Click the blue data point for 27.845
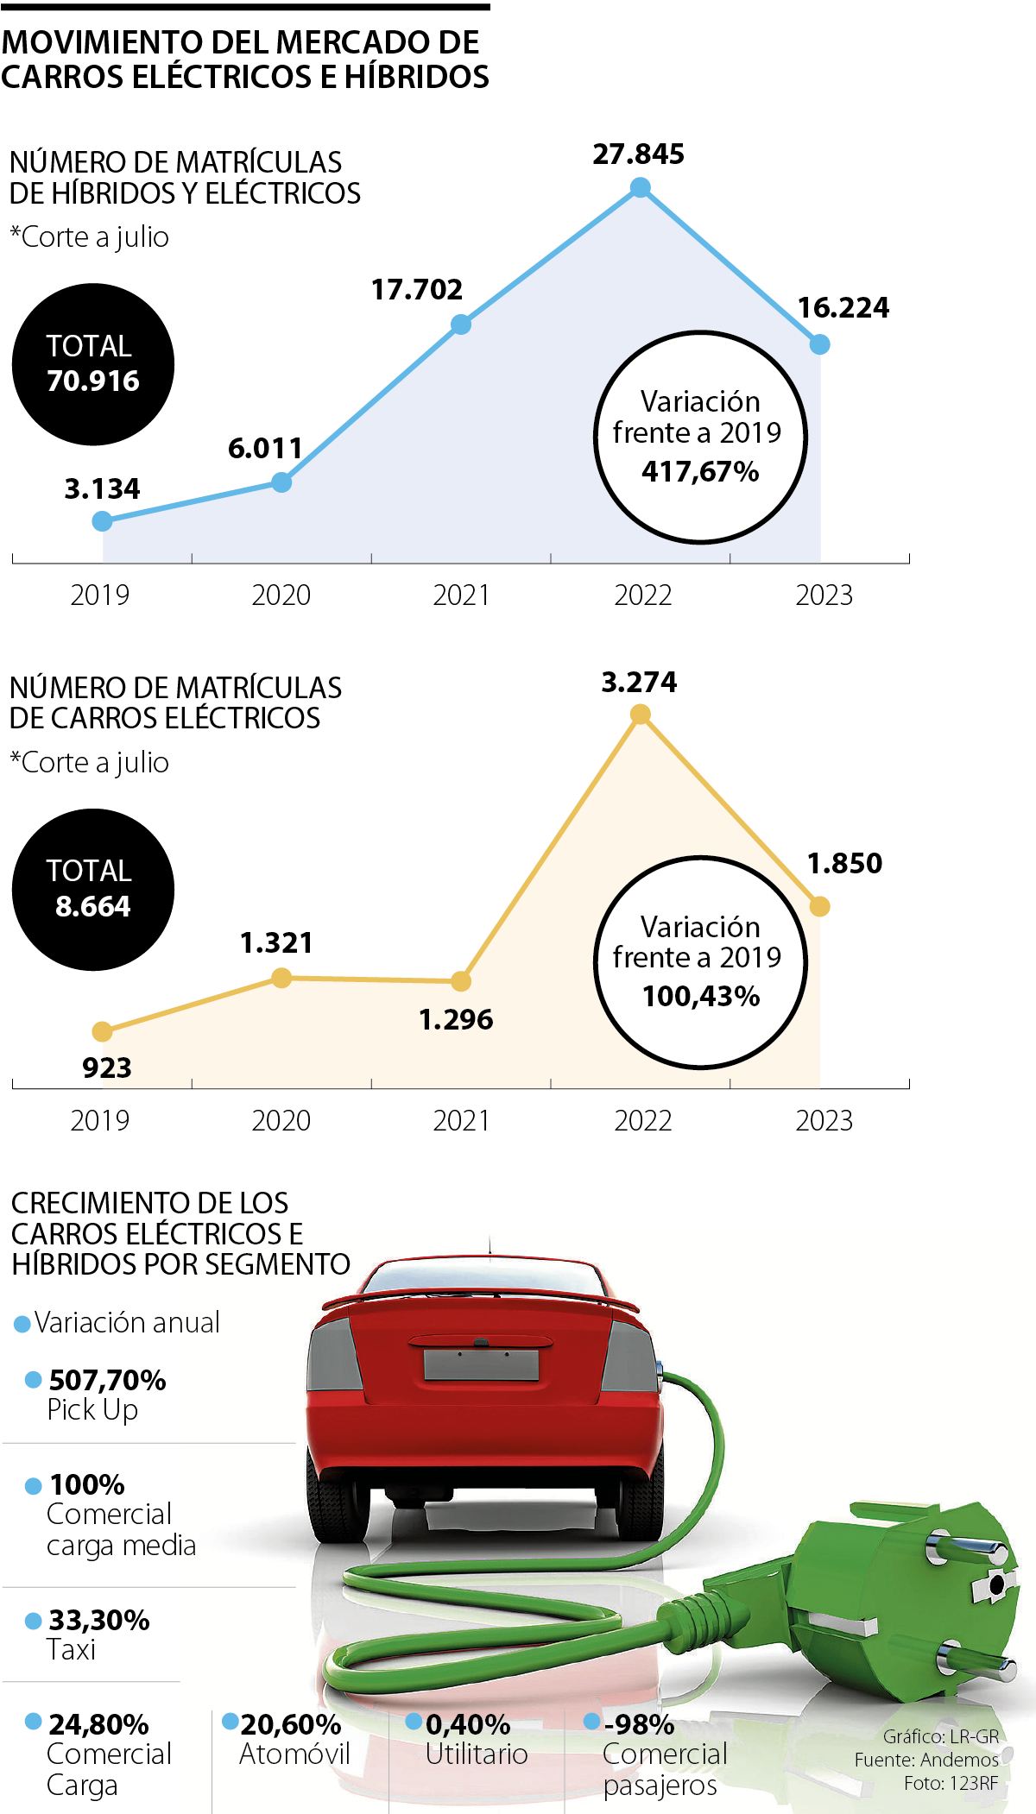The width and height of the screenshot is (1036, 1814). point(640,187)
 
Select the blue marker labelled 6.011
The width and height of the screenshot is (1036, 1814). point(281,482)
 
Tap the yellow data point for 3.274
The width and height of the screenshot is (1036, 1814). point(640,714)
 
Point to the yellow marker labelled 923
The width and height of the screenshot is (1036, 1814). point(102,1031)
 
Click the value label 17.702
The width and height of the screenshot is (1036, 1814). point(417,290)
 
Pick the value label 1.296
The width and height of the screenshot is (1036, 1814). point(456,1020)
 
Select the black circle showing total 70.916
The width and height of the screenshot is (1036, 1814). point(93,364)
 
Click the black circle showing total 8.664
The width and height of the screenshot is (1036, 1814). point(93,890)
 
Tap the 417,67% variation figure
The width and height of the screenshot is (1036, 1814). point(700,471)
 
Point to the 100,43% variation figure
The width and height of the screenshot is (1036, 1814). point(701,997)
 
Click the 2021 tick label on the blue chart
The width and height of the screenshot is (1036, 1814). point(461,595)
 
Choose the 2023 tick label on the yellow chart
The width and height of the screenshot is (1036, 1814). point(824,1121)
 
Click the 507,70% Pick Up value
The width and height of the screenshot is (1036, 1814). point(107,1380)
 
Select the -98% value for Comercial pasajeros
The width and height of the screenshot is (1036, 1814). point(640,1724)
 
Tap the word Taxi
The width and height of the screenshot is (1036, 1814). point(71,1650)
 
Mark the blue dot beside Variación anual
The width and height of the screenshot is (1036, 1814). point(22,1324)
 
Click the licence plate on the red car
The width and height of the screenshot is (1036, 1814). point(481,1365)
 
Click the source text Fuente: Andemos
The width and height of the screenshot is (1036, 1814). point(926,1760)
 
